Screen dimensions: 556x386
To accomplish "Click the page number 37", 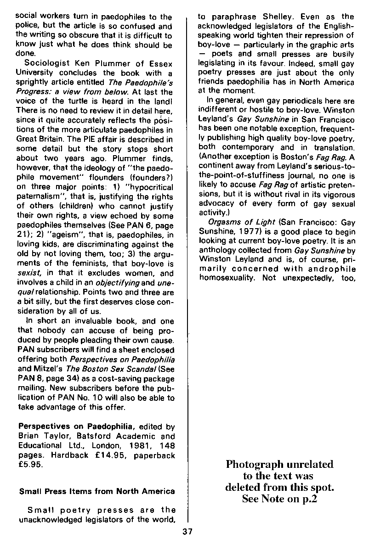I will point(187,532).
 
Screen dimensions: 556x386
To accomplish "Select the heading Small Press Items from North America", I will point(97,491).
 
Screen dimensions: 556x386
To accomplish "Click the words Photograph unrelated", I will point(279,464).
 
